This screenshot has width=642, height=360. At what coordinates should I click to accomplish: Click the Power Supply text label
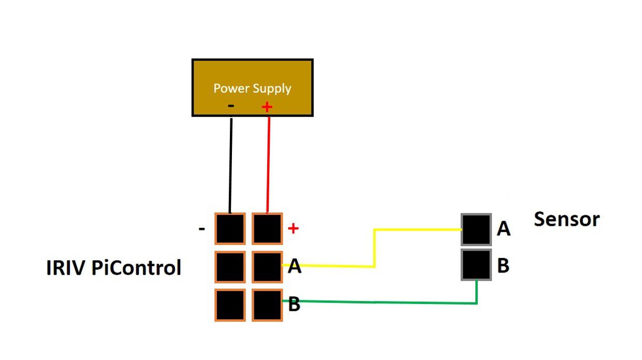[x=252, y=89]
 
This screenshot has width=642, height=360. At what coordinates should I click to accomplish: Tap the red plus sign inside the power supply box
[x=267, y=107]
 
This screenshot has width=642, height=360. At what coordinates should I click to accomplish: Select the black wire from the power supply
[x=230, y=166]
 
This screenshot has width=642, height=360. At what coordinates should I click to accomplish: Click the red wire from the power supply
[x=268, y=166]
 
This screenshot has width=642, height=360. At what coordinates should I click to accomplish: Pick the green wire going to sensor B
[x=383, y=302]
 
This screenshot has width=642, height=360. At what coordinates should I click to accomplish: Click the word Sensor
[x=566, y=219]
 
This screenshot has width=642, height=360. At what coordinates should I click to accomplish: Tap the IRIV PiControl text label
[x=114, y=268]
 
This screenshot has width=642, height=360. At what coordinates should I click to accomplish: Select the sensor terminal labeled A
[x=476, y=229]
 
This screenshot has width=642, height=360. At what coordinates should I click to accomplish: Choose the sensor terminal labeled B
[x=476, y=265]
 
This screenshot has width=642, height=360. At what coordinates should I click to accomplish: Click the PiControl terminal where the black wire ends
[x=230, y=228]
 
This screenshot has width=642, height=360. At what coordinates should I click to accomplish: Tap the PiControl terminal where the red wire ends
[x=267, y=228]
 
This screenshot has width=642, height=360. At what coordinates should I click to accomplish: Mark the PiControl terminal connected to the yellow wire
[x=267, y=267]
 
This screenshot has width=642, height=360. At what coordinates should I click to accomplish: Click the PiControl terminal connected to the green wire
[x=267, y=305]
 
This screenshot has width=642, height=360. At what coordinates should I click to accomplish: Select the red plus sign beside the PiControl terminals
[x=293, y=228]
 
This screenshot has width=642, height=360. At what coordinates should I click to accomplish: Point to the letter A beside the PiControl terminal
[x=295, y=267]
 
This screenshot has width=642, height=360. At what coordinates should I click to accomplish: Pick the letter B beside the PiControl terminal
[x=294, y=305]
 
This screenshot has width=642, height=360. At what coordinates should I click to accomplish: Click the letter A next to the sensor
[x=503, y=228]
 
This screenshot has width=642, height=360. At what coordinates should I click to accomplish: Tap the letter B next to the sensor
[x=503, y=266]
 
